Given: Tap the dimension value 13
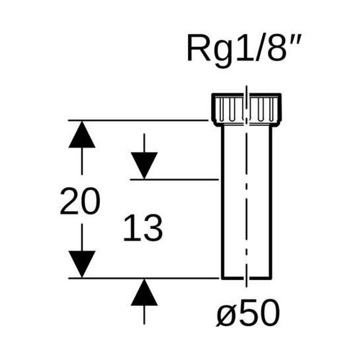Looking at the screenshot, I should tap(142, 230).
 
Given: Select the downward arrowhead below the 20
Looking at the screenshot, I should tap(81, 261).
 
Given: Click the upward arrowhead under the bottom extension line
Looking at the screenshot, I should tap(145, 294).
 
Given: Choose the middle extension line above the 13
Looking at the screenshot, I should tap(173, 179).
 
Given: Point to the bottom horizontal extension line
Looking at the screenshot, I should tap(144, 277).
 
